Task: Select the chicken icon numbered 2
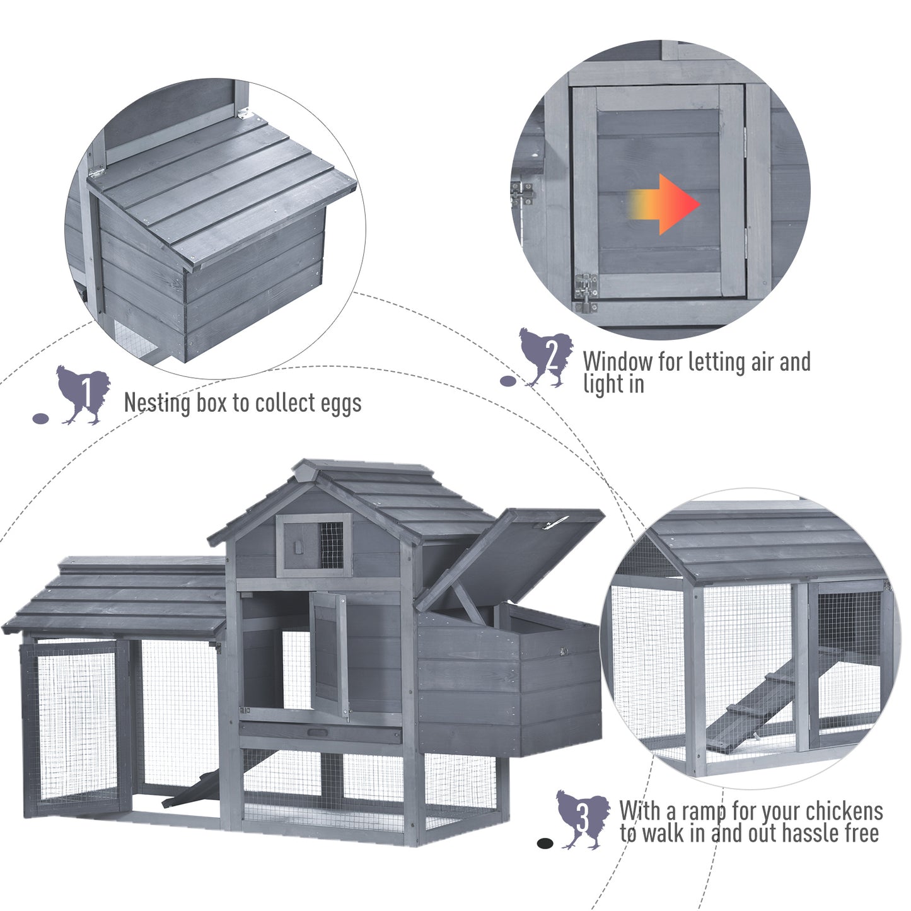click(x=546, y=357)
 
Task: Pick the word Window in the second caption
click(x=617, y=363)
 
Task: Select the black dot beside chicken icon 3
click(x=545, y=844)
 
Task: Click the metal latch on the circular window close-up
click(x=586, y=291)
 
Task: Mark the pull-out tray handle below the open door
click(x=317, y=733)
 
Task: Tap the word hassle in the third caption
click(x=810, y=834)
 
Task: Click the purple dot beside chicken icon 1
click(x=40, y=418)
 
